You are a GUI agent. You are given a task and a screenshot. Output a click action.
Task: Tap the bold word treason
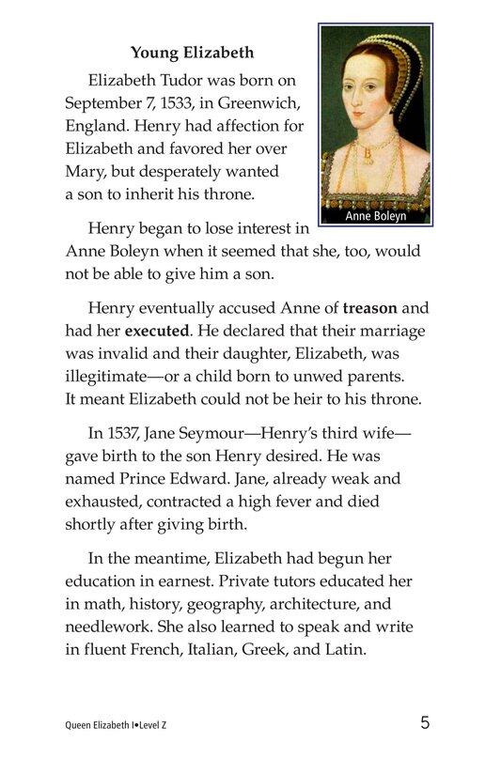[371, 307]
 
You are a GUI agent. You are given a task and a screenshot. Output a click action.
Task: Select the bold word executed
[156, 332]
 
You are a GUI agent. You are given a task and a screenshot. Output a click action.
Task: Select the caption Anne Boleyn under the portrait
[376, 215]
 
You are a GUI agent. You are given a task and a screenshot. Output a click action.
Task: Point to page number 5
[425, 723]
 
